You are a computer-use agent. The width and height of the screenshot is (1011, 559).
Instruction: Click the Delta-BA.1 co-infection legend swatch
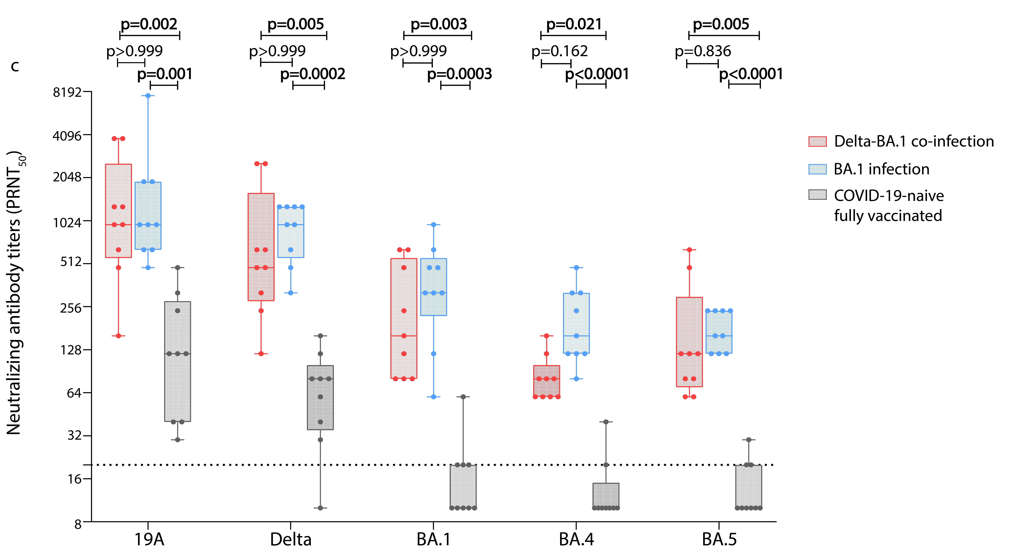pyautogui.click(x=817, y=141)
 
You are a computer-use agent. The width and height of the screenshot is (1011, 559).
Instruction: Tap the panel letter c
pyautogui.click(x=15, y=66)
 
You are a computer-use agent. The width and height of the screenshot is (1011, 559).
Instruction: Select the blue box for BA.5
pyautogui.click(x=719, y=332)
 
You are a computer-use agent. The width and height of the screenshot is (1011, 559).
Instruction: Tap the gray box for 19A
pyautogui.click(x=177, y=361)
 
